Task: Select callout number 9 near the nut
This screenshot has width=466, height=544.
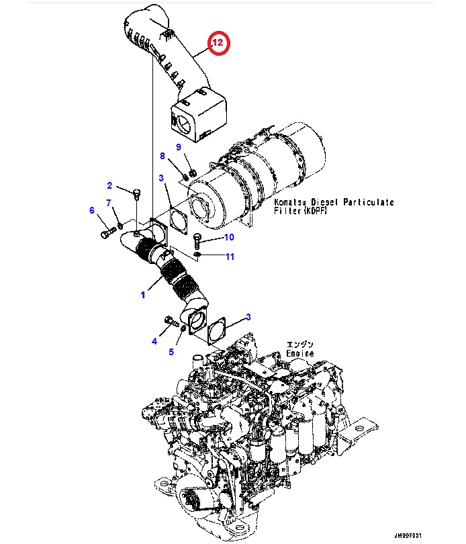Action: click(179, 146)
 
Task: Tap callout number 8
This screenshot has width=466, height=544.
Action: click(162, 156)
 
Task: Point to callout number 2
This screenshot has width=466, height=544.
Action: click(109, 185)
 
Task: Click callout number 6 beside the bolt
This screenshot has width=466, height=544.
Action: click(93, 210)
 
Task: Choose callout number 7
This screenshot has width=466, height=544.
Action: click(109, 203)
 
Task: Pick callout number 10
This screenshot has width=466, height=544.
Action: click(228, 237)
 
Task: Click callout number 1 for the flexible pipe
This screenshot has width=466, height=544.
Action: click(142, 295)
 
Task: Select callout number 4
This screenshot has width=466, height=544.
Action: click(154, 341)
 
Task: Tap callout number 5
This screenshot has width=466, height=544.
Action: click(171, 351)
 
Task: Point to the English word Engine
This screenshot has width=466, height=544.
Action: click(299, 353)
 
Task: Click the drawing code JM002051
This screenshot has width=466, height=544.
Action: click(407, 535)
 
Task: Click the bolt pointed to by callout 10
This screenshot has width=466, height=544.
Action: click(197, 238)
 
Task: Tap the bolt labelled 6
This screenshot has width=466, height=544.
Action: click(107, 233)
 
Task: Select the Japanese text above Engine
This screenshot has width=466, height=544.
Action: click(299, 343)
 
